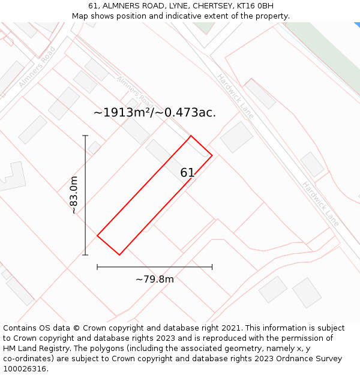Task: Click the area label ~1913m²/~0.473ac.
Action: pyautogui.click(x=155, y=112)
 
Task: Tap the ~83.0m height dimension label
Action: pyautogui.click(x=74, y=195)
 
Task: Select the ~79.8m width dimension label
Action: pyautogui.click(x=154, y=279)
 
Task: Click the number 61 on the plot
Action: pyautogui.click(x=187, y=173)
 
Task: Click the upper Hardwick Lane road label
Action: pyautogui.click(x=236, y=96)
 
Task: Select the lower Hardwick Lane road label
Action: pyautogui.click(x=320, y=204)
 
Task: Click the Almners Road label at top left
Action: pyautogui.click(x=37, y=67)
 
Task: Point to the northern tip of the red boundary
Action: pyautogui.click(x=191, y=136)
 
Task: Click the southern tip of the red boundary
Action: pyautogui.click(x=119, y=255)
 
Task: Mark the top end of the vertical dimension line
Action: pyautogui.click(x=85, y=136)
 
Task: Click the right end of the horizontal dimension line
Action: pyautogui.click(x=212, y=267)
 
